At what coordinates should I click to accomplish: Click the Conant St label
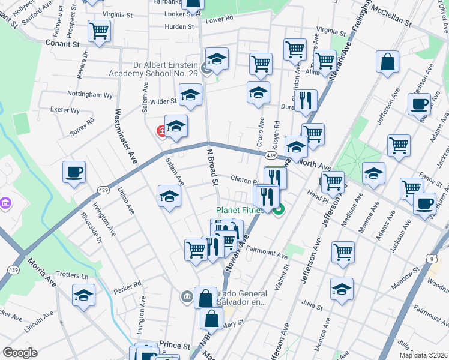63,44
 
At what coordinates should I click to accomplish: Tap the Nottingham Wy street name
89,95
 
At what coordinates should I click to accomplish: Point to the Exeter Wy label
65,110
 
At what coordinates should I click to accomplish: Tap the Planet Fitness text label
240,211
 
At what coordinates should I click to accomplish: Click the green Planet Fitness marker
278,209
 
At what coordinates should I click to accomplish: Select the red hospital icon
161,130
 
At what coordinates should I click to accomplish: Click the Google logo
20,353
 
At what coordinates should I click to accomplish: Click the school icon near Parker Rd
84,294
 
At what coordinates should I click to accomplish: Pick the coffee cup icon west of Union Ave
74,172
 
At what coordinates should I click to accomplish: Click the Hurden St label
179,27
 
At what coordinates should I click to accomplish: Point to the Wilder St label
163,101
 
